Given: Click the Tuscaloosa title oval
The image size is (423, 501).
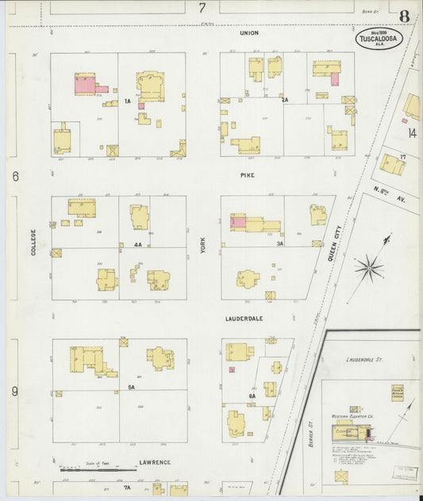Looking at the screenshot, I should pyautogui.click(x=379, y=39).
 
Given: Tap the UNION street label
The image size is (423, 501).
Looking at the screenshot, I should pyautogui.click(x=249, y=33).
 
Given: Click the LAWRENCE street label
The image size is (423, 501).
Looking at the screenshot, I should pyautogui.click(x=156, y=461).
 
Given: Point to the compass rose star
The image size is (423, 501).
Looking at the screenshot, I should pyautogui.click(x=369, y=268).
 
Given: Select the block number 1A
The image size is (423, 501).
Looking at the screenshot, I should pyautogui.click(x=127, y=101).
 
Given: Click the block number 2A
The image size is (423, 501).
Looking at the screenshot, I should pyautogui.click(x=285, y=100).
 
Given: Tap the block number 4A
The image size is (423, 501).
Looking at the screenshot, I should pyautogui.click(x=137, y=245).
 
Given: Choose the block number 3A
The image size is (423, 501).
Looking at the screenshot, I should pyautogui.click(x=280, y=244).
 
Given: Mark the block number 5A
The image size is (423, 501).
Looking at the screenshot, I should pyautogui.click(x=132, y=387).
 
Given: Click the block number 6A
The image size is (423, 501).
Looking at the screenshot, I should pyautogui.click(x=252, y=396).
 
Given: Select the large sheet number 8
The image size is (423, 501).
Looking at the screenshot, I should pyautogui.click(x=405, y=16).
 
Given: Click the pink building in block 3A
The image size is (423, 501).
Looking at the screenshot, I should pyautogui.click(x=238, y=223).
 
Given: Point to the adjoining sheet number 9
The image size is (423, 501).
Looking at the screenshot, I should pyautogui.click(x=14, y=391).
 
